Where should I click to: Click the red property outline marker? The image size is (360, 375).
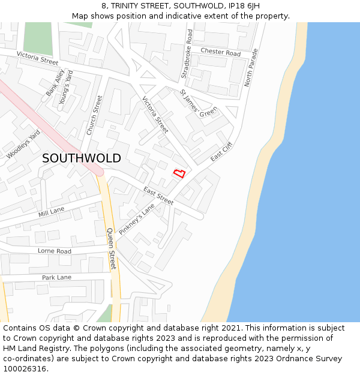pos(179,173)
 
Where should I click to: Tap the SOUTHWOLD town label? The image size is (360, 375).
pos(81,158)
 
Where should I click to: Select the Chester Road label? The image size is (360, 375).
pos(220,53)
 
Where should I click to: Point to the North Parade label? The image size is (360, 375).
pos(251,67)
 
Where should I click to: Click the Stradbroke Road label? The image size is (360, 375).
pos(187,53)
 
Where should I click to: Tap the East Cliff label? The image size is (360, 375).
pos(221,152)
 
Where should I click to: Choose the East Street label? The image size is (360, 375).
pos(158,196)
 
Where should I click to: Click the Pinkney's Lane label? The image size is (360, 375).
pos(137,218)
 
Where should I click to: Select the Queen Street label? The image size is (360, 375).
pos(112,248)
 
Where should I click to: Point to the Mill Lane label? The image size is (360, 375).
pos(51,212)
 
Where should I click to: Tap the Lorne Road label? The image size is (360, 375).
pos(54,251)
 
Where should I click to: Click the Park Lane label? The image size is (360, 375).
pos(56,277)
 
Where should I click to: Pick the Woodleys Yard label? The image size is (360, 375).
pos(23,144)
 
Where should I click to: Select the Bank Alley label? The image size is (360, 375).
pos(55,83)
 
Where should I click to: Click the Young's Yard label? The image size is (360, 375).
pos(66,88)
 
